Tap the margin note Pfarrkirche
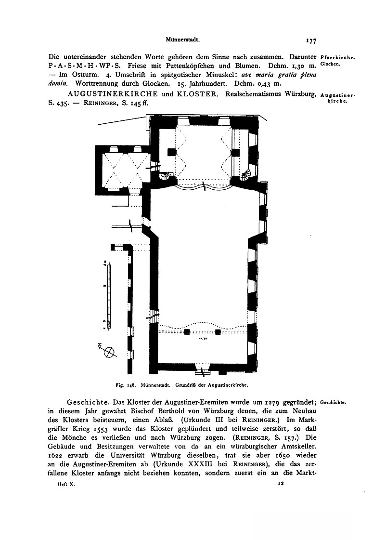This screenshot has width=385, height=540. [337, 57]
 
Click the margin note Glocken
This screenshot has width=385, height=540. [330, 65]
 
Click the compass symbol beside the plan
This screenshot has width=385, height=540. [110, 352]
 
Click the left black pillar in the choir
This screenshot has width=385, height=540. [170, 152]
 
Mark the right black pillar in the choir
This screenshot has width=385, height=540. [236, 152]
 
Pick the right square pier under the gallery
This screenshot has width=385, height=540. [218, 332]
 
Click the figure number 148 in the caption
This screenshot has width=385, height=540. [132, 385]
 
